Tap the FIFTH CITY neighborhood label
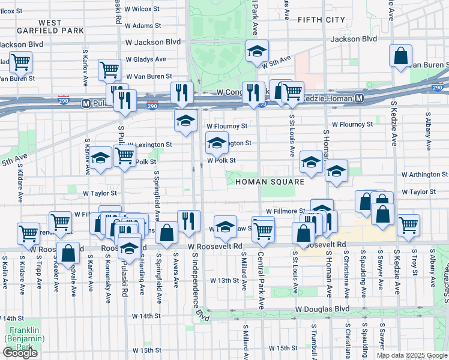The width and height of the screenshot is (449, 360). [321, 20]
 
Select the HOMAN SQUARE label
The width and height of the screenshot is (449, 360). [270, 181]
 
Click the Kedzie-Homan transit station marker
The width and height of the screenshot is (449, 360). [359, 98]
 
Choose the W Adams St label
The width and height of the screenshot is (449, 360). [139, 26]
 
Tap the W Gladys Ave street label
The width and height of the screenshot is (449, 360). [145, 59]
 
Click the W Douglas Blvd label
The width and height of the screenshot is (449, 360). [322, 308]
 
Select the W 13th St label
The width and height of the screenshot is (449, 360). [224, 280]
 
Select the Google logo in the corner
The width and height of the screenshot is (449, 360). [20, 353]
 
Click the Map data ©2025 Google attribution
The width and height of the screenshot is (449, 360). [411, 355]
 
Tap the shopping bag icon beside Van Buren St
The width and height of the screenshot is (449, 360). [400, 56]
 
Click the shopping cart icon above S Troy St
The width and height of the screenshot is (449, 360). [408, 225]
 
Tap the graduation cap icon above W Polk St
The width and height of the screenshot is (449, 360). [217, 143]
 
